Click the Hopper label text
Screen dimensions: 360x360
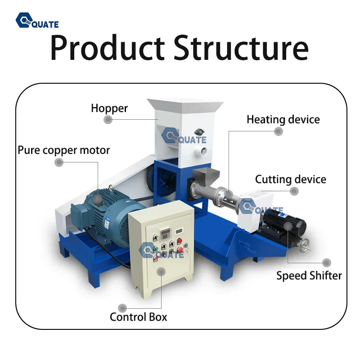(109, 108)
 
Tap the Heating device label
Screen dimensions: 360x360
(283, 120)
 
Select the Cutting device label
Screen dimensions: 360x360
(290, 179)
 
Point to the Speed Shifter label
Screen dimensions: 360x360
(309, 276)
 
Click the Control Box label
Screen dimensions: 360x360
(139, 317)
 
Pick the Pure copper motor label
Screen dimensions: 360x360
(64, 150)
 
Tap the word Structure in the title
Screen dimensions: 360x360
(241, 48)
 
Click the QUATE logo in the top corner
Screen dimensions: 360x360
(37, 20)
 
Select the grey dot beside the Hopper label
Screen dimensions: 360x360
(108, 119)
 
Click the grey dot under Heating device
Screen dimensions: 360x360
(279, 131)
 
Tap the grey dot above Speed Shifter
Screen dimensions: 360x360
(327, 263)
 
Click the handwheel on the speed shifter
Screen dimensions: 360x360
(305, 244)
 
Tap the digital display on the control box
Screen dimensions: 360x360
(166, 234)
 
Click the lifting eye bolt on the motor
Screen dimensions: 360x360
(111, 187)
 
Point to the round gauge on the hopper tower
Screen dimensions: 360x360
(201, 151)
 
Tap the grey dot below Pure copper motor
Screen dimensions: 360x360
(59, 162)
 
